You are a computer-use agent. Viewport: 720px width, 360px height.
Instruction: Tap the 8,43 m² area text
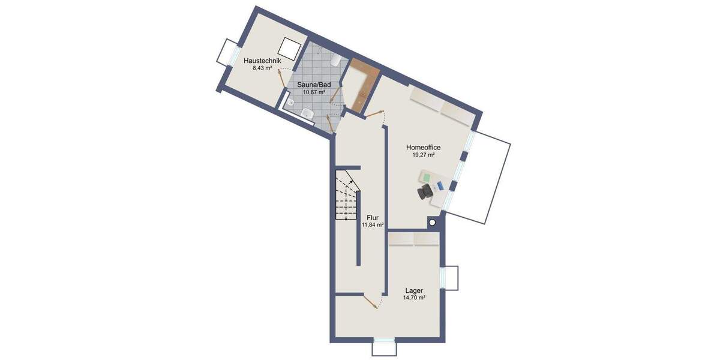[262, 68]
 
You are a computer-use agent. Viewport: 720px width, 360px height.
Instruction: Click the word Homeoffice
[424, 147]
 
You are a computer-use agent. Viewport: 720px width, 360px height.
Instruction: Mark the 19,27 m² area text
[424, 154]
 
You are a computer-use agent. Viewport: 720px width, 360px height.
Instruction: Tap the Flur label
[372, 218]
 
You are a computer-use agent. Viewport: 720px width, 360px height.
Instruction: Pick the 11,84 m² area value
[372, 225]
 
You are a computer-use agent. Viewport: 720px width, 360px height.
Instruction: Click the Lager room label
[414, 290]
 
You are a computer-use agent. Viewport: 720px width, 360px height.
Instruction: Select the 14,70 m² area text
[414, 298]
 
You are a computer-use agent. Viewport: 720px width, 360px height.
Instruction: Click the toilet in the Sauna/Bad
[337, 60]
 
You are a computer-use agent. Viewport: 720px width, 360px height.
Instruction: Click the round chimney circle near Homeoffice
[432, 223]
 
